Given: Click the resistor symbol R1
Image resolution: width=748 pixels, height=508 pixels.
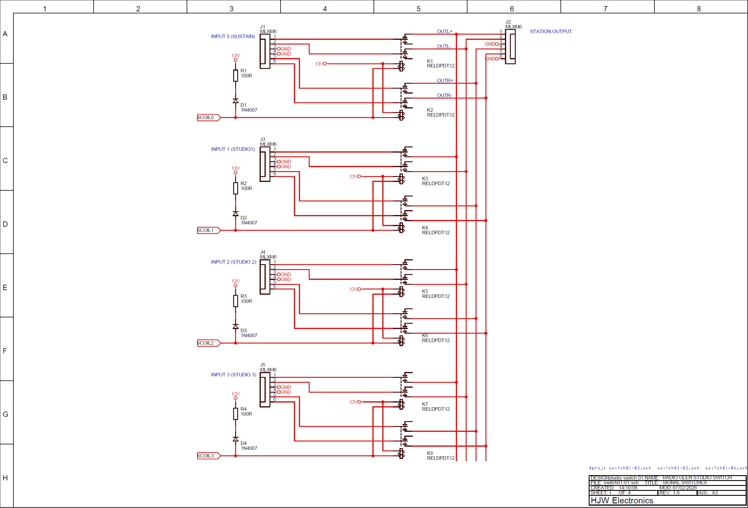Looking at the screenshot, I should tap(235, 76).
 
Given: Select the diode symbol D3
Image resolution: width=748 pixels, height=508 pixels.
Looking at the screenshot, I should tap(235, 327).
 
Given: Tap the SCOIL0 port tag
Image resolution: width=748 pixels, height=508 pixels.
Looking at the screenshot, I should tap(208, 118).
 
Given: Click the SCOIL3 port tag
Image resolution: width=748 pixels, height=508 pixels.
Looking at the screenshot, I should tap(208, 456).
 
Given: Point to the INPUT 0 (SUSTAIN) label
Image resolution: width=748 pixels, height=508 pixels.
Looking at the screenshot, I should tap(233, 36).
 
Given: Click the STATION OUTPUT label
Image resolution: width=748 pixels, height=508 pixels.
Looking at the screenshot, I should tap(551, 31).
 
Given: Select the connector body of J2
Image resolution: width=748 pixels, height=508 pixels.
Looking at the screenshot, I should tap(510, 47).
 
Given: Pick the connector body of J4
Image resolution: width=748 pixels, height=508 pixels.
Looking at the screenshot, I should tap(265, 277).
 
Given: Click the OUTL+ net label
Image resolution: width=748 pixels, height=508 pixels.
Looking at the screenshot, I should tap(444, 31).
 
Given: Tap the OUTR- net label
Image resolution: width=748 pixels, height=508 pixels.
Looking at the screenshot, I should tap(444, 96).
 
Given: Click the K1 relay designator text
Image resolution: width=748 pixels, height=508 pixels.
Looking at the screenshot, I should tap(430, 61).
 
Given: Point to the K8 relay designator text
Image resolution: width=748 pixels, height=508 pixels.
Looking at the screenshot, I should tap(430, 453).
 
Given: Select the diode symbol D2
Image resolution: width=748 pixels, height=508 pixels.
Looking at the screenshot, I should tap(235, 214).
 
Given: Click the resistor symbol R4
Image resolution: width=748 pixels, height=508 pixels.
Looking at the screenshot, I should tap(235, 414).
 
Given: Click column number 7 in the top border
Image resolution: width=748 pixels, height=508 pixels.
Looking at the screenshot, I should tap(605, 9).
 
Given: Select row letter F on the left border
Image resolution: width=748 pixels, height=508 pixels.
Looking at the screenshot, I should tap(5, 351).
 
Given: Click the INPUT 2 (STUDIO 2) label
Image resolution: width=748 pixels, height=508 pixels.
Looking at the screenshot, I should tap(234, 262).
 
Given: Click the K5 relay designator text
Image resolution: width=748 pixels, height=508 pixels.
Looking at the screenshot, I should tap(425, 291).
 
